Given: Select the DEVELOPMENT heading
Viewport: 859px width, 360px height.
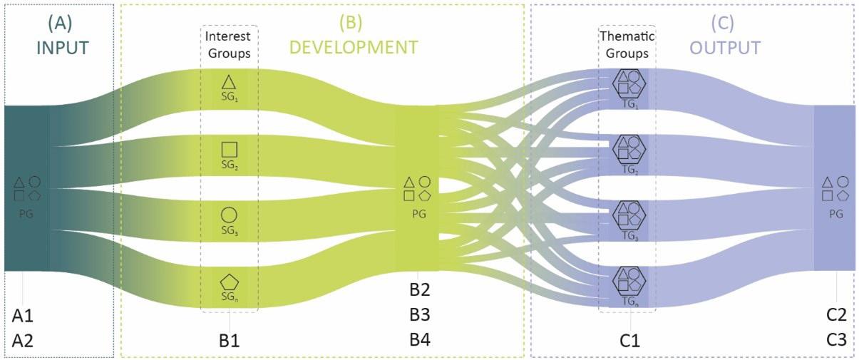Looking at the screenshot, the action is [x=354, y=48].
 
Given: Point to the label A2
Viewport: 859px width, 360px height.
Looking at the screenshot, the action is [x=23, y=341].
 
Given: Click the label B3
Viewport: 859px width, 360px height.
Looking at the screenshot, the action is [x=419, y=315].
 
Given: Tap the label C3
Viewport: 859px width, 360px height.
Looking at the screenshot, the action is [x=836, y=341].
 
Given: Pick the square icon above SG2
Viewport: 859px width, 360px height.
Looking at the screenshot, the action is [x=229, y=149].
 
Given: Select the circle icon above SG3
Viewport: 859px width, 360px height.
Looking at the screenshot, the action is [x=229, y=215].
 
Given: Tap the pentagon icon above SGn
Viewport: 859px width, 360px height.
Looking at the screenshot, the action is [x=229, y=282].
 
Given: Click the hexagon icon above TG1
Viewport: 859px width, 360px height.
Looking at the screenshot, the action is [x=628, y=83].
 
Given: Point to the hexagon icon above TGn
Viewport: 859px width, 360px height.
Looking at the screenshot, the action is [x=628, y=281].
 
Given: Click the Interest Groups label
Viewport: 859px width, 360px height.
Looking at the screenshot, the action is [x=229, y=43].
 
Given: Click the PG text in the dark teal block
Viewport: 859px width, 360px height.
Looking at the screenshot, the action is [x=26, y=212].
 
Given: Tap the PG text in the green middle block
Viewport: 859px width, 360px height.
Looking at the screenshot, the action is [x=418, y=213].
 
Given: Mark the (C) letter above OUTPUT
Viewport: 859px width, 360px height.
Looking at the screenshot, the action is [x=723, y=22].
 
